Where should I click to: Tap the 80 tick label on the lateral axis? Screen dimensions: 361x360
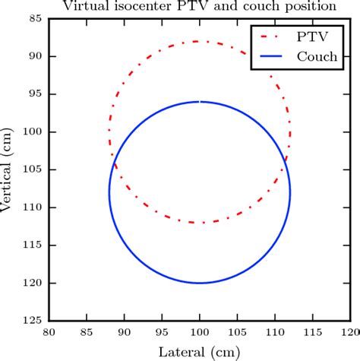click(49, 333)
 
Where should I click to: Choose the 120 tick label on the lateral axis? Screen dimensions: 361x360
click(349, 333)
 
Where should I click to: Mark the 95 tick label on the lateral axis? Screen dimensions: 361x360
click(161, 333)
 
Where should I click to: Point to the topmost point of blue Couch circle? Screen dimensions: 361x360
click(199, 101)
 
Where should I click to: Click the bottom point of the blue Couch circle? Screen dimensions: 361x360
click(199, 283)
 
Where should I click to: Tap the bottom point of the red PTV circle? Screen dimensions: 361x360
click(199, 223)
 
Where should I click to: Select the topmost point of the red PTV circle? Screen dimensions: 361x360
click(199, 41)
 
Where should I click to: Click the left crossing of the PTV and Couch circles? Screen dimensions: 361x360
click(114, 162)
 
